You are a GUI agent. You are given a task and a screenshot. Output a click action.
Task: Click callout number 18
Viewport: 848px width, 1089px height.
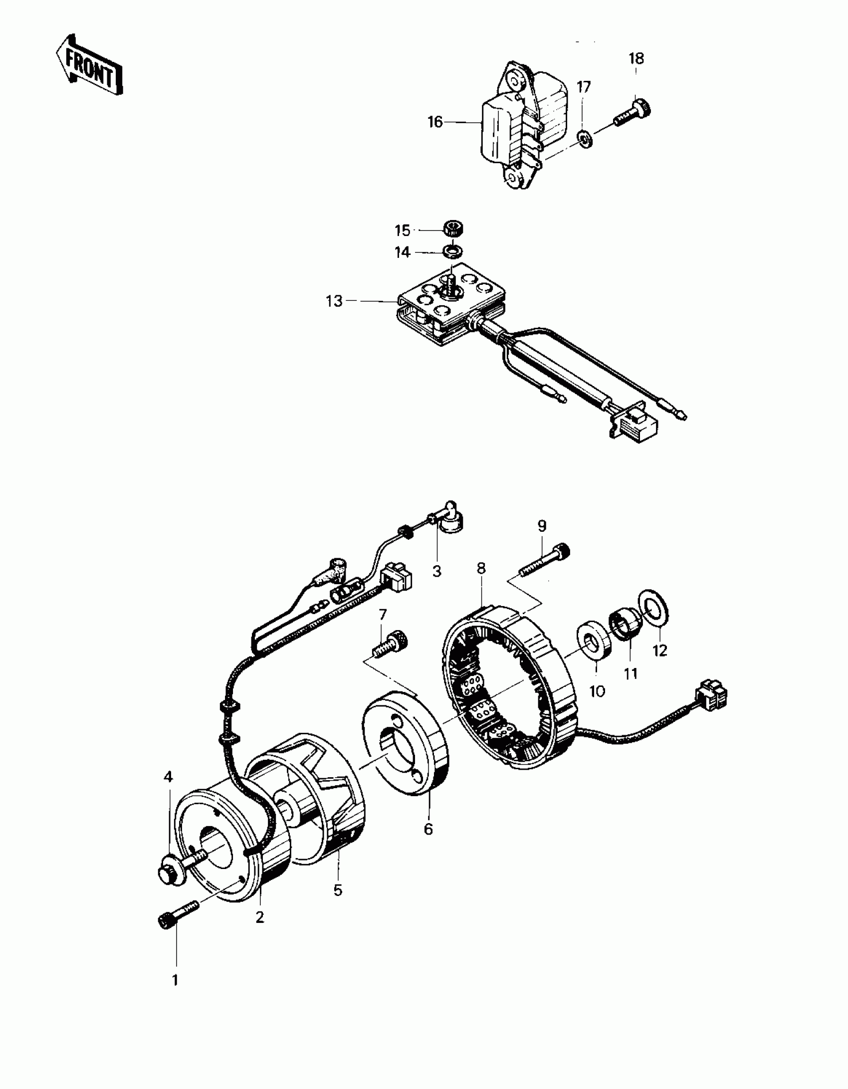(636, 59)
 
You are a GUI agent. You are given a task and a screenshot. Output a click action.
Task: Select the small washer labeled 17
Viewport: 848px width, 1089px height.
(585, 137)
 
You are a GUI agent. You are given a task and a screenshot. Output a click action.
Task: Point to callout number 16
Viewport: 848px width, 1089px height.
(435, 122)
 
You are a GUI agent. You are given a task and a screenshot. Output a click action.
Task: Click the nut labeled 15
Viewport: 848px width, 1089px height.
(452, 230)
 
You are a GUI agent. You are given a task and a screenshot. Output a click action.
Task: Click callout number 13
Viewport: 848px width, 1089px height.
(335, 301)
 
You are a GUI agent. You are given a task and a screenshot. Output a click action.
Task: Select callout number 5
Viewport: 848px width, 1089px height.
(338, 891)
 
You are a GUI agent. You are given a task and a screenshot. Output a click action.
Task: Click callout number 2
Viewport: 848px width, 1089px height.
(260, 917)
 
